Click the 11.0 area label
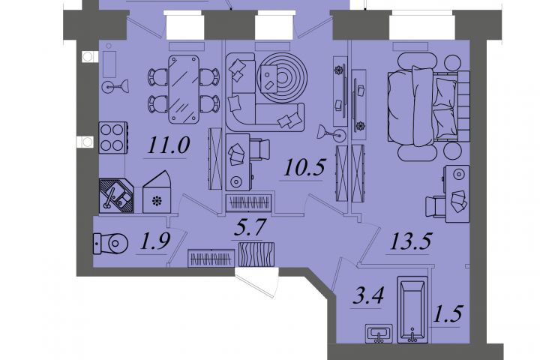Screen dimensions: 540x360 [x=169, y=145]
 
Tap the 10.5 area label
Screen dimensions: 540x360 [x=304, y=167]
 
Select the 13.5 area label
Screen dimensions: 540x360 [x=410, y=241]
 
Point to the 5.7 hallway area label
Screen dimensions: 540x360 [x=250, y=227]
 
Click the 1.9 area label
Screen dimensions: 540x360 [x=155, y=241]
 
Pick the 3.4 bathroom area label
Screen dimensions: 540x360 [x=368, y=296]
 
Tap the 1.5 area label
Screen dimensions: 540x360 [x=447, y=313]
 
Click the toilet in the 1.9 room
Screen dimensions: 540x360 [x=110, y=244]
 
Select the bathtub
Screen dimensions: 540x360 [x=412, y=309]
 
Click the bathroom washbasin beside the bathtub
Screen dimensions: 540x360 [x=379, y=334]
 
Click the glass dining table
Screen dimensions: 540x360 [x=184, y=89]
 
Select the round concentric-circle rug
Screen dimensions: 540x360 [x=282, y=77]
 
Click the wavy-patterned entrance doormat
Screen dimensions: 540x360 [x=256, y=254]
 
